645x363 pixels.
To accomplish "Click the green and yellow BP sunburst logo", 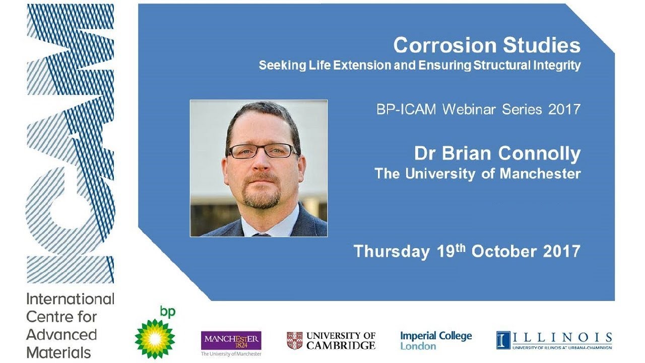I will coord(155,339).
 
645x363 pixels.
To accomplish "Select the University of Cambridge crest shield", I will coord(294,341).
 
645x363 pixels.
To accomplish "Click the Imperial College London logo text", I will coord(436,340).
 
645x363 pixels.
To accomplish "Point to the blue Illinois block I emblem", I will coord(503,340).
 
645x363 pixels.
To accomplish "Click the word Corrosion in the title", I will coord(437,45).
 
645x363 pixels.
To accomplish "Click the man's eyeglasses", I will coord(263,151).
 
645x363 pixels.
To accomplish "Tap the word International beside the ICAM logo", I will coord(71,299).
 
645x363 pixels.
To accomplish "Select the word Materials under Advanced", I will coord(59,352).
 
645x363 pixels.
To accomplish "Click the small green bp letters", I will coord(168,312).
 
